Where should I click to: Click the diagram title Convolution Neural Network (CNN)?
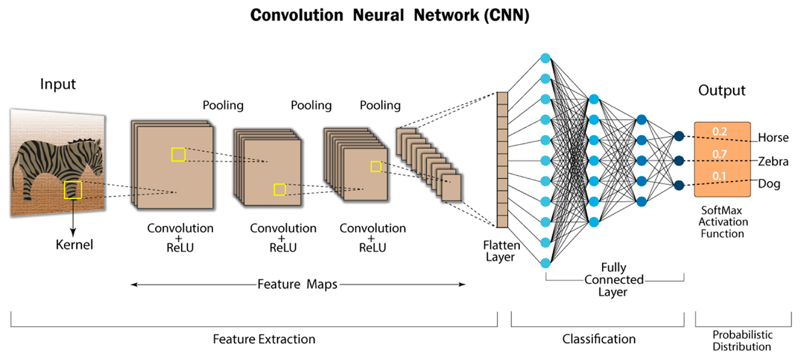tap(389, 16)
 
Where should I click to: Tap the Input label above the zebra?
tap(58, 85)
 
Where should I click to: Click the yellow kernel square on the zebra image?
tap(73, 190)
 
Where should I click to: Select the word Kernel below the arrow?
tap(74, 244)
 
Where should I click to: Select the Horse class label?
tap(773, 138)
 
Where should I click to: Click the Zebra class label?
tap(773, 162)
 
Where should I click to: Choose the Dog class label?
tap(769, 183)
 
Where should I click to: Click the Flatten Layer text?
tap(497, 251)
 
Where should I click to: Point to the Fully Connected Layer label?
tap(614, 279)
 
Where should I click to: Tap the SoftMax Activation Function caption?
tap(721, 222)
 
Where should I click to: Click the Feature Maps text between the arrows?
tap(297, 284)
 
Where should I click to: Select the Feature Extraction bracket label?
tap(264, 339)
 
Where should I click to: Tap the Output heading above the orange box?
tap(722, 90)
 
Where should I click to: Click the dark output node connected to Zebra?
tap(679, 160)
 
